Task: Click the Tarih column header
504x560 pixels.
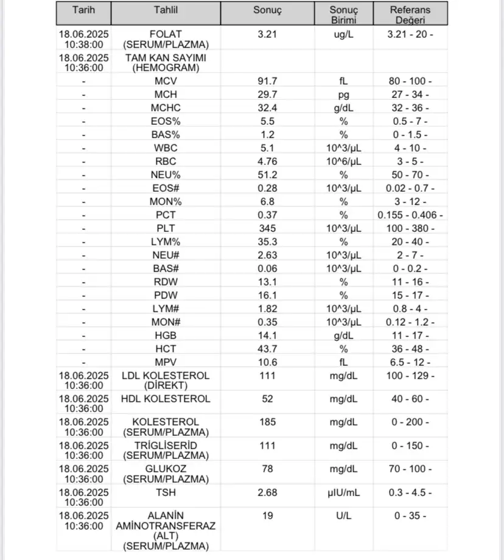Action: (83, 10)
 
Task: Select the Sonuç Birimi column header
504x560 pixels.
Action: (344, 15)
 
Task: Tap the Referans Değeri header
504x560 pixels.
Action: (410, 15)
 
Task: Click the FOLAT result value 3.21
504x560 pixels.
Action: (267, 34)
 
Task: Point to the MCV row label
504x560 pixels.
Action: (166, 81)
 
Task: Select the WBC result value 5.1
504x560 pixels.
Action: (267, 148)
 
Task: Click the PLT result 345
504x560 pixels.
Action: (267, 228)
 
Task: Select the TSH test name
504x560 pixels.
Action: (166, 492)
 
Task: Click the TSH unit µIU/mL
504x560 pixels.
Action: (344, 492)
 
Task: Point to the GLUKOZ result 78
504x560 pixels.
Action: (267, 469)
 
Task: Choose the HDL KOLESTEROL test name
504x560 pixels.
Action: (166, 399)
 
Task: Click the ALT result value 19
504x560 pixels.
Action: (267, 516)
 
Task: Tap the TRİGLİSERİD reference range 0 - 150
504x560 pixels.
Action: (410, 446)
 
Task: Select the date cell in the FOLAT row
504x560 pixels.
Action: (84, 39)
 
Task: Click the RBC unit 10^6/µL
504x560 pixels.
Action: (344, 161)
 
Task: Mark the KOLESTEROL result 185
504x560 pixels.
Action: (267, 422)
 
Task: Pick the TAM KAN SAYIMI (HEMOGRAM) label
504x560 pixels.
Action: (166, 63)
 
